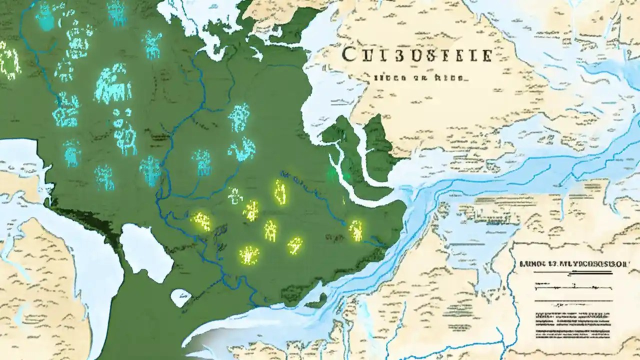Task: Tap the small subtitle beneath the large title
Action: [x=419, y=78]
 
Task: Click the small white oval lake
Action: [x=180, y=297]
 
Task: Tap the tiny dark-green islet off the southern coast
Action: [x=315, y=303]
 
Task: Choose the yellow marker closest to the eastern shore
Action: [x=356, y=229]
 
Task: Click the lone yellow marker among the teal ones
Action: [x=9, y=60]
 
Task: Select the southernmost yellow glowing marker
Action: [x=249, y=255]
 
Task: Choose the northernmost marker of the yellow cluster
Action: [x=280, y=191]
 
